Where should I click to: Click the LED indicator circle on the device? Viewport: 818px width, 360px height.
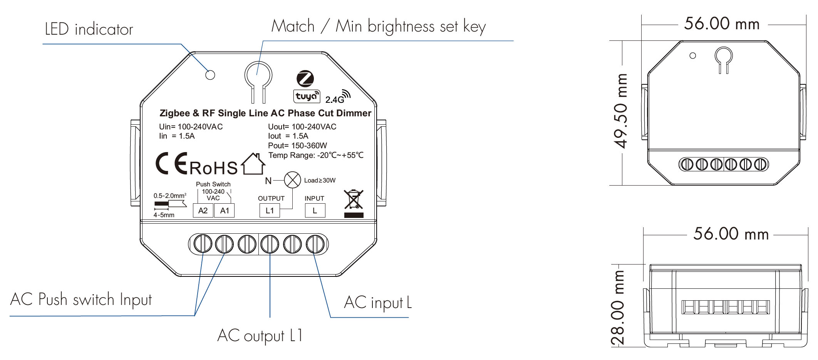click(210, 75)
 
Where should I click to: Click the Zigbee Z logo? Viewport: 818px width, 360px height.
click(305, 79)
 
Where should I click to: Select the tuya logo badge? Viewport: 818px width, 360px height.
click(307, 96)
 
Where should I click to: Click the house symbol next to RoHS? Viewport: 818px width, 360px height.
click(253, 164)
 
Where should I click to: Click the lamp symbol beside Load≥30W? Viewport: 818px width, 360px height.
click(292, 180)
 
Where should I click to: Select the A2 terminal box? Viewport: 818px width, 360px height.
click(203, 211)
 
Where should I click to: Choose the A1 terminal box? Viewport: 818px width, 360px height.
click(225, 211)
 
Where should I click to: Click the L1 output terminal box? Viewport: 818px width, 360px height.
click(270, 211)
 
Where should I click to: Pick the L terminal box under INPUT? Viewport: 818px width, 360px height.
click(315, 211)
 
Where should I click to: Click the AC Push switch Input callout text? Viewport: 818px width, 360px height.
click(81, 300)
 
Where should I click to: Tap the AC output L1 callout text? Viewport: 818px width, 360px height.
click(260, 336)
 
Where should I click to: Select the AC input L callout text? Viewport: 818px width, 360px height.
click(378, 303)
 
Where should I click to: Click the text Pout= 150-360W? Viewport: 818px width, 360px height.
click(297, 146)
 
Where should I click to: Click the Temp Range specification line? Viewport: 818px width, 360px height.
click(316, 155)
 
